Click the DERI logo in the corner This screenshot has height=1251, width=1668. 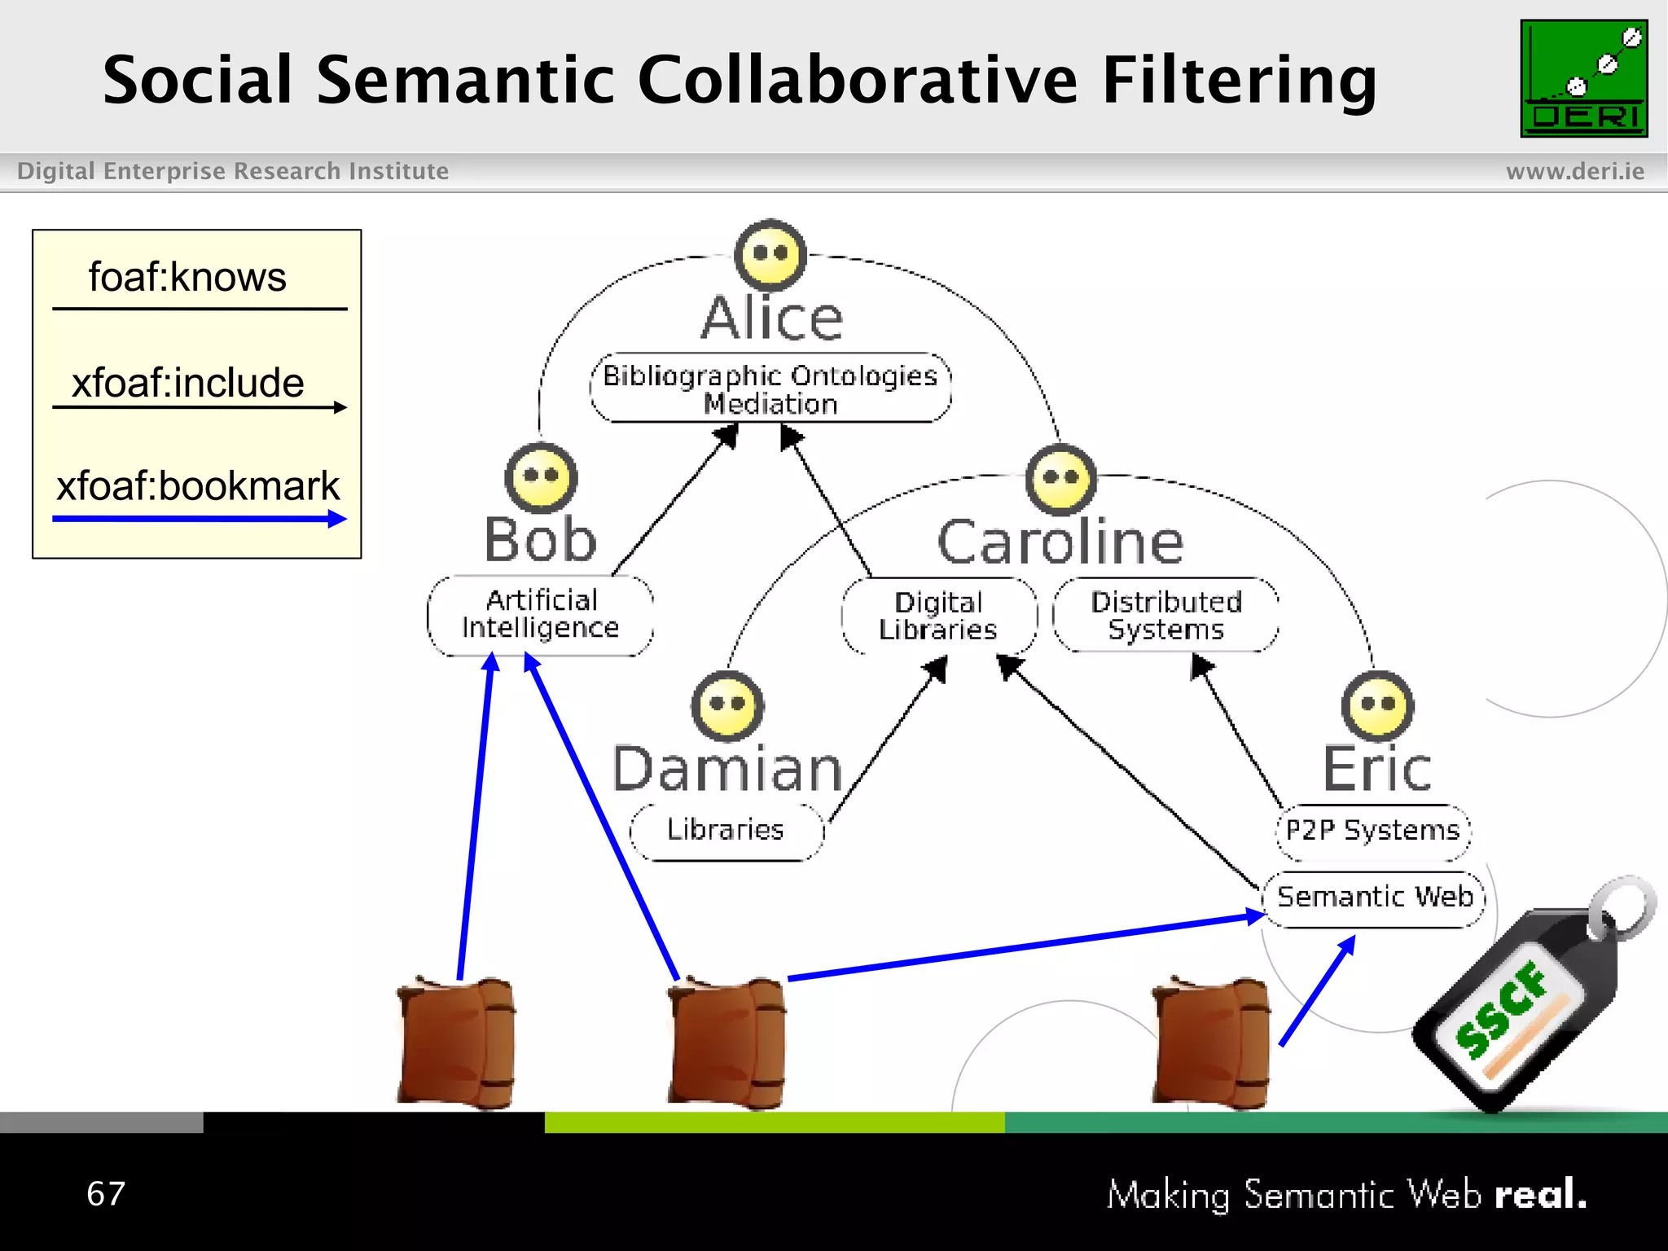coord(1583,78)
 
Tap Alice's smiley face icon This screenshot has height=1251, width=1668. coord(770,255)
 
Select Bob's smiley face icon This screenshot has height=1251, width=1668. coord(541,478)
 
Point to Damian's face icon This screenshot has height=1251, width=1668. coord(727,706)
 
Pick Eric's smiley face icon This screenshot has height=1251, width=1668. coord(1377,705)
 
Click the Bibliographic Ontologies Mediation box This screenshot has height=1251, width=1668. coord(770,388)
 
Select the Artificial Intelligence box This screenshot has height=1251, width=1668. coord(540,614)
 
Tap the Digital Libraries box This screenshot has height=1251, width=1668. coord(938,616)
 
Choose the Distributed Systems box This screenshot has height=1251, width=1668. coord(1165,615)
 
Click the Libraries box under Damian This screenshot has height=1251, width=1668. coord(726,830)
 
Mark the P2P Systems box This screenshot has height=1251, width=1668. coord(1372,831)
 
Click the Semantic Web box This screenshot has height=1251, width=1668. coord(1374,898)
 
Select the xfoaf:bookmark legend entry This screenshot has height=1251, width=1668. coord(197,487)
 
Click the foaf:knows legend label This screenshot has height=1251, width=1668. coord(187,278)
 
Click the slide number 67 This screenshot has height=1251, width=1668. coord(106,1194)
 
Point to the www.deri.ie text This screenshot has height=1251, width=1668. coord(1574,171)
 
